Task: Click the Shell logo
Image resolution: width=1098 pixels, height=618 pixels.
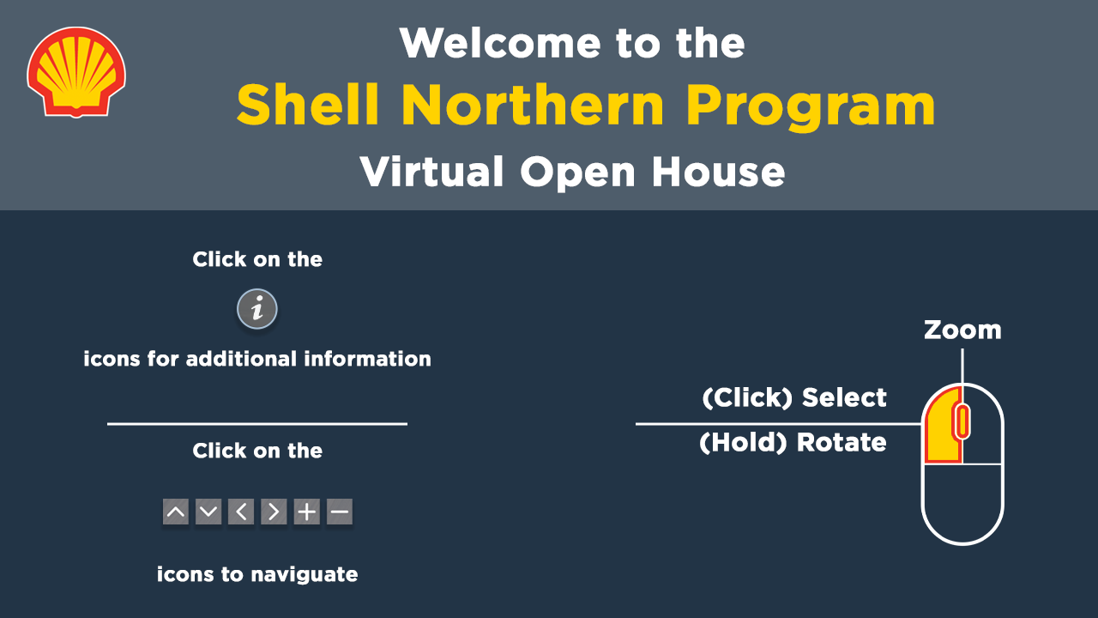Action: (x=76, y=72)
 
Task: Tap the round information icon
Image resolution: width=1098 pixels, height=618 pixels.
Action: (x=257, y=309)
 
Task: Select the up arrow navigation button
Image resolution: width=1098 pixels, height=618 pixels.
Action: (x=176, y=512)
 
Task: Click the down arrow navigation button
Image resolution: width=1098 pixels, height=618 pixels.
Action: (x=208, y=512)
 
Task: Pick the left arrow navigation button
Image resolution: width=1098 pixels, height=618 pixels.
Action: (x=241, y=512)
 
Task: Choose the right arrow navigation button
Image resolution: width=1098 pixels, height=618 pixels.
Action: (x=274, y=512)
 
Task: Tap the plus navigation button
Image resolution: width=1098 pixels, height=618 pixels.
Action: (x=307, y=512)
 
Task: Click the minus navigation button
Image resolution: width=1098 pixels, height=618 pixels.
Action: (x=340, y=512)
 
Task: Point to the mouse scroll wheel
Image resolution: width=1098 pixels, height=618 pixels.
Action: (x=962, y=421)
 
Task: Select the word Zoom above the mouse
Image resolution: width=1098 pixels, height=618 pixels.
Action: (x=962, y=330)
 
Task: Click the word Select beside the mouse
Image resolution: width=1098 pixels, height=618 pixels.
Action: (x=844, y=397)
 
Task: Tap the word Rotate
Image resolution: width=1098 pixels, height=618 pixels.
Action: (x=842, y=442)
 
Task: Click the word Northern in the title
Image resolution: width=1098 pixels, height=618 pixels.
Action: (x=534, y=105)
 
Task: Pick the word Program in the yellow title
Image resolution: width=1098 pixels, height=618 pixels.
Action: (x=811, y=108)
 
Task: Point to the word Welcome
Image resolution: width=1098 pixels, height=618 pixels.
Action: (x=500, y=43)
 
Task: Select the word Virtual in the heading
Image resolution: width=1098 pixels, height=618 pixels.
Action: (x=431, y=172)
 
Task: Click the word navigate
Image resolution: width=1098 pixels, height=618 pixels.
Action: (x=305, y=575)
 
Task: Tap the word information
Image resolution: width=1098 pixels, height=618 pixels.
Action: (x=368, y=359)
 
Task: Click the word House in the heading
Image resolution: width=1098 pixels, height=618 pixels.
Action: (x=718, y=172)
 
